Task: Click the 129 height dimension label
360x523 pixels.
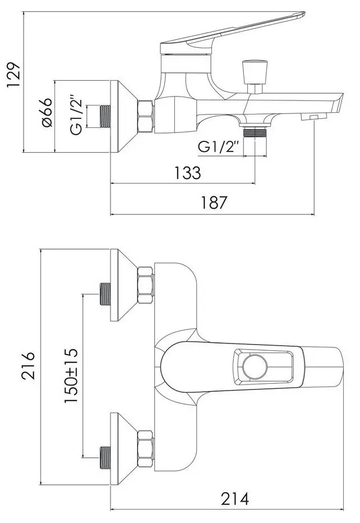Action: coord(13,75)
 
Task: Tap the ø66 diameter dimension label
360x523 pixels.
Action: coord(47,112)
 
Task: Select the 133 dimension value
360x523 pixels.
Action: coord(188,173)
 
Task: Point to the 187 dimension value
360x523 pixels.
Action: coord(214,203)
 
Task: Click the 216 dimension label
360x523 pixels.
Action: coord(28,365)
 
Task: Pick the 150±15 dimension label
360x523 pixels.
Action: coord(71,375)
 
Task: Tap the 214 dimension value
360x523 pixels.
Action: coord(234,499)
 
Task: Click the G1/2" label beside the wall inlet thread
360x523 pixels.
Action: coord(76,116)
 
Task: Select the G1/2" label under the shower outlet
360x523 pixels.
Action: coord(219,147)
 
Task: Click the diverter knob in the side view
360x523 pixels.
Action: coord(255,77)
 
